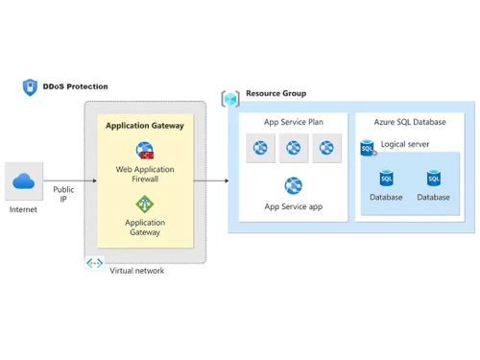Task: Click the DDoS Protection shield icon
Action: pyautogui.click(x=30, y=86)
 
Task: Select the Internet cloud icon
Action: pyautogui.click(x=23, y=181)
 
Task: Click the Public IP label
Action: pyautogui.click(x=63, y=195)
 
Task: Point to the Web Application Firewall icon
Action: pyautogui.click(x=144, y=151)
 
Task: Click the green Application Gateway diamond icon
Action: pyautogui.click(x=144, y=204)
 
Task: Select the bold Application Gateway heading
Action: pyautogui.click(x=144, y=125)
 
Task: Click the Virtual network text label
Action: pyautogui.click(x=136, y=271)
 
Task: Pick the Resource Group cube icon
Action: pyautogui.click(x=230, y=98)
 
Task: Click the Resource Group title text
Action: pyautogui.click(x=276, y=94)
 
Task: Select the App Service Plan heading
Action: pyautogui.click(x=293, y=122)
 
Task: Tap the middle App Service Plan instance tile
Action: pyautogui.click(x=294, y=148)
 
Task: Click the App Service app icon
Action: pyautogui.click(x=293, y=185)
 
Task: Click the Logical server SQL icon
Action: pyautogui.click(x=368, y=147)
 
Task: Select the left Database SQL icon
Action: pyautogui.click(x=386, y=179)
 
